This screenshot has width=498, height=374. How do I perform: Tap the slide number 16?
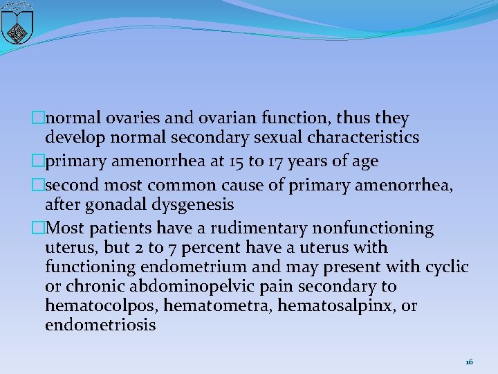coord(470,362)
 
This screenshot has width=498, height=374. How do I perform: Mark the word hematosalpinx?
coord(334,306)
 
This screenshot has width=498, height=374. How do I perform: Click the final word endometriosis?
coord(100,325)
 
